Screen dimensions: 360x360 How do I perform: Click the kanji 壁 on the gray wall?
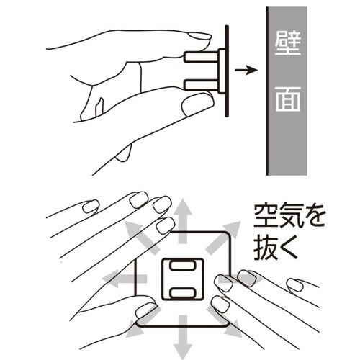[x=288, y=43]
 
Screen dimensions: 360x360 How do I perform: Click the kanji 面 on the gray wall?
[x=288, y=99]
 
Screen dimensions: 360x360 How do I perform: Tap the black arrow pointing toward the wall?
[x=246, y=70]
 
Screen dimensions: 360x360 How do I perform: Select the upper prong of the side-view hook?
[x=201, y=57]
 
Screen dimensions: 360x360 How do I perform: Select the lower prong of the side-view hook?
[x=201, y=85]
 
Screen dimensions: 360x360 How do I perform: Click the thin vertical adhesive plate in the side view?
[x=227, y=71]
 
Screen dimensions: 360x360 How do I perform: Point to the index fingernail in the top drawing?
[x=199, y=36]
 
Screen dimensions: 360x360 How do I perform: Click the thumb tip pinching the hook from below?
[x=198, y=105]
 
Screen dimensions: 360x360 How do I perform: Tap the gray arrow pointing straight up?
[x=183, y=221]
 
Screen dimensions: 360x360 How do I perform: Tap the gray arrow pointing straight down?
[x=183, y=337]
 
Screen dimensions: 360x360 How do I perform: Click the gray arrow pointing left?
[x=125, y=279]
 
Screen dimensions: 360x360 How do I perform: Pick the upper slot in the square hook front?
[x=182, y=266]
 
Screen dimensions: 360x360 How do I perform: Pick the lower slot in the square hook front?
[x=182, y=293]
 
